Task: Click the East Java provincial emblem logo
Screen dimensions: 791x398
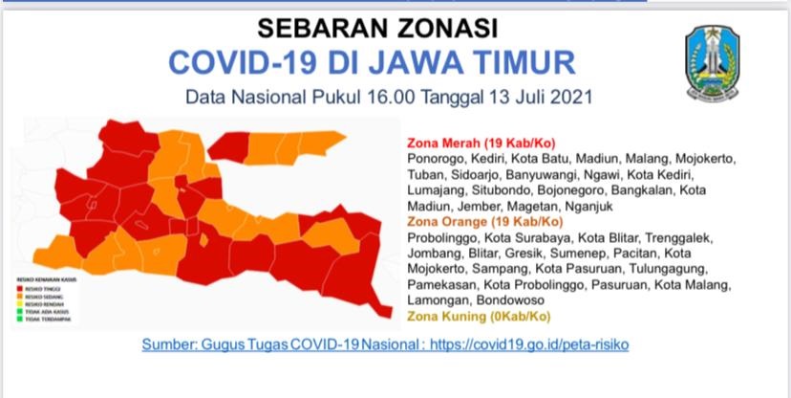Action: pos(712,63)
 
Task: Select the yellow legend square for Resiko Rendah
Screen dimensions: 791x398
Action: pos(19,303)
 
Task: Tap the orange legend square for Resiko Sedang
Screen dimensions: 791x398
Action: pos(19,296)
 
